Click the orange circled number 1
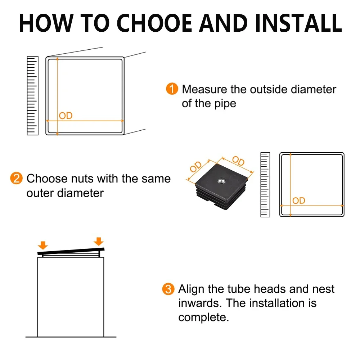(x=172, y=89)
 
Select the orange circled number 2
(x=17, y=179)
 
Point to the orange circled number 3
(x=168, y=289)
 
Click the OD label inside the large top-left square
(x=66, y=116)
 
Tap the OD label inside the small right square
(x=299, y=201)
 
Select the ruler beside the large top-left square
(x=32, y=96)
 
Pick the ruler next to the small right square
(x=265, y=185)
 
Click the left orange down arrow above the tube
(x=43, y=246)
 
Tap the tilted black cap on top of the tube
(x=71, y=251)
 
